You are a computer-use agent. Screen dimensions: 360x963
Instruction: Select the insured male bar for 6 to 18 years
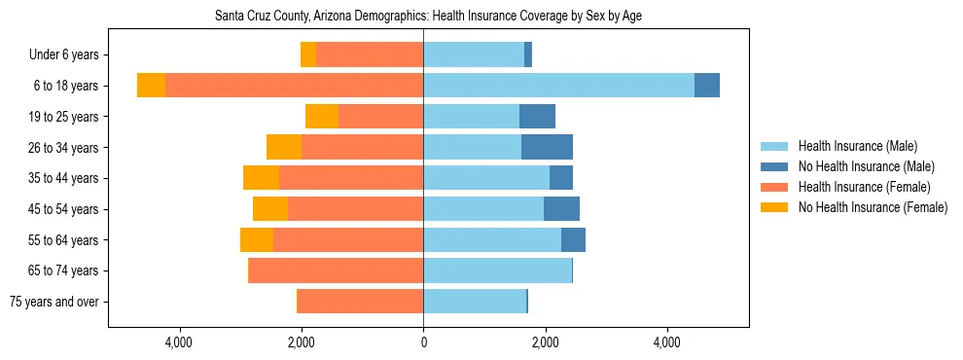click(558, 86)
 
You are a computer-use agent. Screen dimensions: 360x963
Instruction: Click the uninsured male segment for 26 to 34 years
click(547, 147)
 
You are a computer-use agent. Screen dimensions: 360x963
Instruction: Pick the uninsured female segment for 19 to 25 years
click(322, 117)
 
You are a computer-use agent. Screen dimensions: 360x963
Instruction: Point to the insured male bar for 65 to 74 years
click(497, 270)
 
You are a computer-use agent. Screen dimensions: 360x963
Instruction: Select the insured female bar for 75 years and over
click(360, 302)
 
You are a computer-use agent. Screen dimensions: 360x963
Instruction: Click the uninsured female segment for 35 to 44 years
click(261, 178)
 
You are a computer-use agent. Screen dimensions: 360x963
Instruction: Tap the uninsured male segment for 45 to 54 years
click(561, 209)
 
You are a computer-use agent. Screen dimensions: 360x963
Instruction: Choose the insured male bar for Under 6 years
click(474, 54)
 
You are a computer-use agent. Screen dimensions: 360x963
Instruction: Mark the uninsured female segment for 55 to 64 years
click(257, 240)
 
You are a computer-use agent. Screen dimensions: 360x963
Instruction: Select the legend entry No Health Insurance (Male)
click(866, 167)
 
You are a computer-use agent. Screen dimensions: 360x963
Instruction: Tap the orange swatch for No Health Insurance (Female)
click(774, 207)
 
